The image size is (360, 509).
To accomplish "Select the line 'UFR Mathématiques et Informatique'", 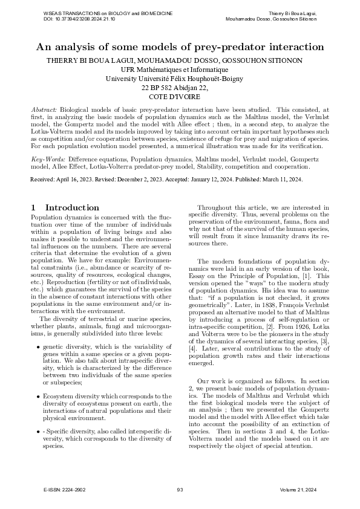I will [x=180, y=70].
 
